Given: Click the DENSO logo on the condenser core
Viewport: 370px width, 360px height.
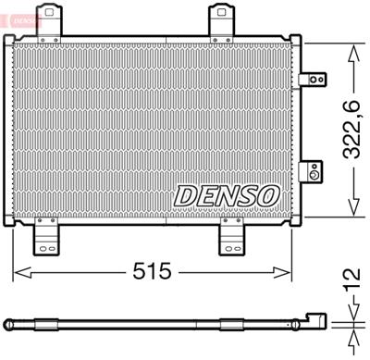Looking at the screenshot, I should (227, 196).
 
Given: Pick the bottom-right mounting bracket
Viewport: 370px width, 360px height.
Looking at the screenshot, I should (232, 239).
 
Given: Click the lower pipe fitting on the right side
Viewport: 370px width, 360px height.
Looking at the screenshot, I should (315, 171).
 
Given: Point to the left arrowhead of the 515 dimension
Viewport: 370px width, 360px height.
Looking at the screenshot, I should (16, 271).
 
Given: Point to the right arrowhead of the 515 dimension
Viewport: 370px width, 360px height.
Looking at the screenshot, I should (289, 271).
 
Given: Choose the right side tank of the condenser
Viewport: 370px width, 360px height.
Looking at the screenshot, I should (295, 130).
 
